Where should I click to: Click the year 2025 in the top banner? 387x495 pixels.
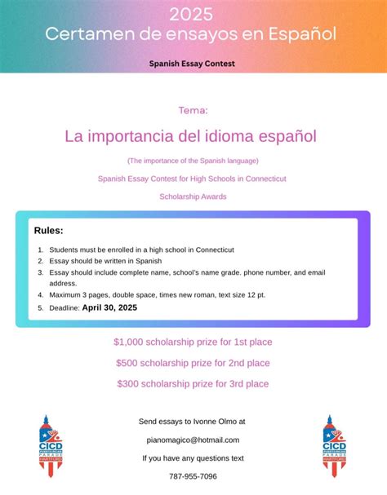coord(192,14)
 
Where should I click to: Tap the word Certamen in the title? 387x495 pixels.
coord(85,34)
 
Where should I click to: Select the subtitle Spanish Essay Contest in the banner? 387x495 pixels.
coord(192,62)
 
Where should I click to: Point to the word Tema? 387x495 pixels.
coord(193,110)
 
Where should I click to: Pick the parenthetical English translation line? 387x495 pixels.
coord(193,160)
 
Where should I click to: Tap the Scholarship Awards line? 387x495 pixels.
coord(193,196)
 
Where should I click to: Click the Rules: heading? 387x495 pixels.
coord(49,231)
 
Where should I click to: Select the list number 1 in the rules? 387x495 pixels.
coord(40,250)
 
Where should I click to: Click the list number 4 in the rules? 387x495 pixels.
coord(40,294)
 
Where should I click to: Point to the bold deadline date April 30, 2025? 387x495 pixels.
coord(109,307)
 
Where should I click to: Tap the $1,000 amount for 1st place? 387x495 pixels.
coord(131,342)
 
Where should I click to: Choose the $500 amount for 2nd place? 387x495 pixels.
coord(129,363)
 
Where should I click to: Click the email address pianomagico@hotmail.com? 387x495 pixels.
coord(193,440)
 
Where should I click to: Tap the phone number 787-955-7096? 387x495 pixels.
coord(193,476)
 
